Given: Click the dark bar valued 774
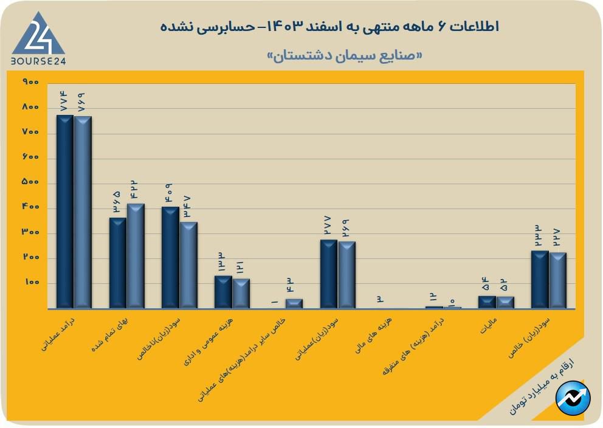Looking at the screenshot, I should click(x=64, y=211).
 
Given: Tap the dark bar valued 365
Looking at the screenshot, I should click(x=117, y=263).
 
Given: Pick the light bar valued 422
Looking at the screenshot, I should click(x=136, y=255).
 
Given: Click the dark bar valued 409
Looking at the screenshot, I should click(x=170, y=257).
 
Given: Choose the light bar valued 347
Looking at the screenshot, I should click(x=188, y=265).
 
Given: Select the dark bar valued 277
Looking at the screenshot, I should click(x=329, y=274).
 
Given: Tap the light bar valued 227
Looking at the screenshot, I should click(x=557, y=280).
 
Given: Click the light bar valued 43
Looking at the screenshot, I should click(x=294, y=303).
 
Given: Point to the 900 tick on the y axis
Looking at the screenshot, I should click(x=30, y=82).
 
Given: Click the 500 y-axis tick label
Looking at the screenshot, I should click(x=30, y=182).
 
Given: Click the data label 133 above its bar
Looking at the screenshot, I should click(x=223, y=263).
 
